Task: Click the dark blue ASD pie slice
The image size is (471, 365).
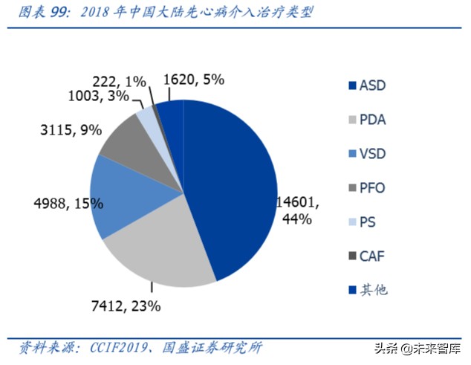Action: [x=230, y=186]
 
